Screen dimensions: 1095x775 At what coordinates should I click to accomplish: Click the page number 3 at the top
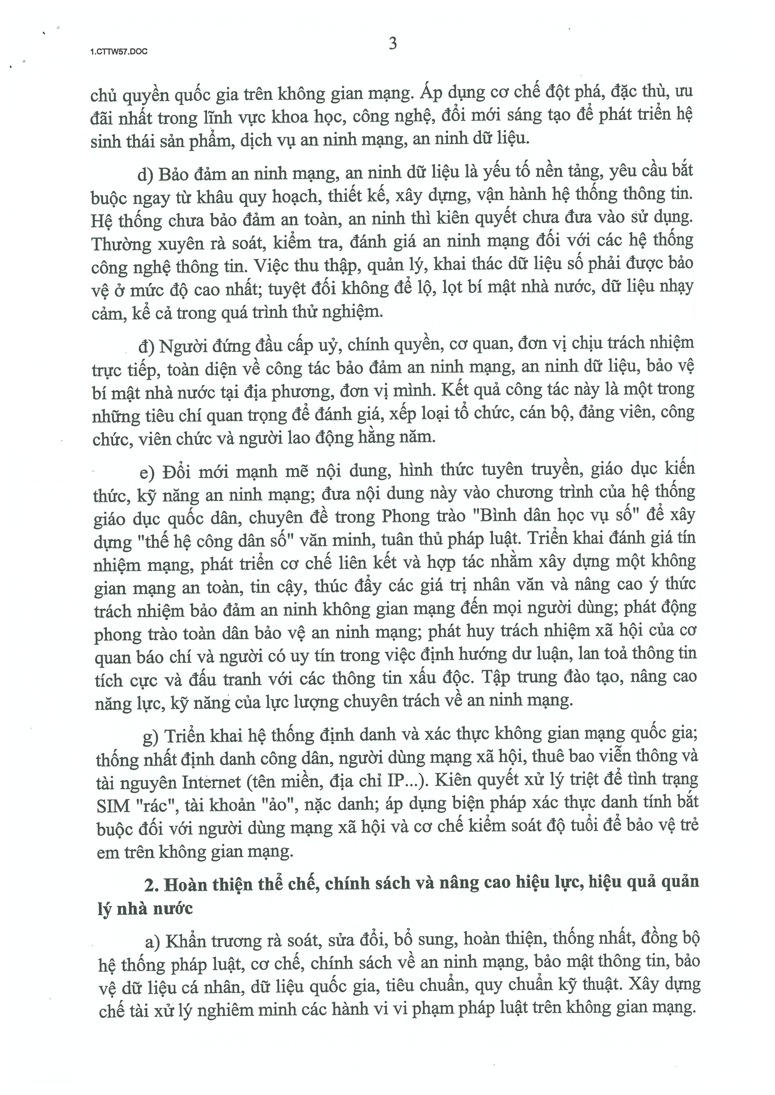(393, 43)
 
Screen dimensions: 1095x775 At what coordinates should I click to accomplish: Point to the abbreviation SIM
(113, 806)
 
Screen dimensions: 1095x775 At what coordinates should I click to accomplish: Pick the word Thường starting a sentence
(120, 244)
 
